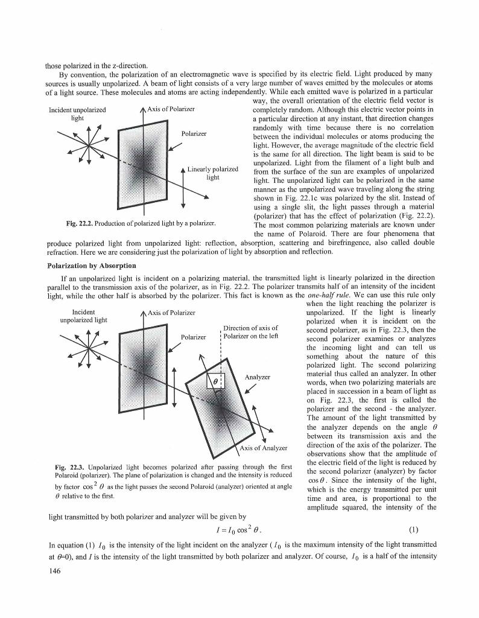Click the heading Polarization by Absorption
91,265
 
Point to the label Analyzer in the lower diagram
256,377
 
